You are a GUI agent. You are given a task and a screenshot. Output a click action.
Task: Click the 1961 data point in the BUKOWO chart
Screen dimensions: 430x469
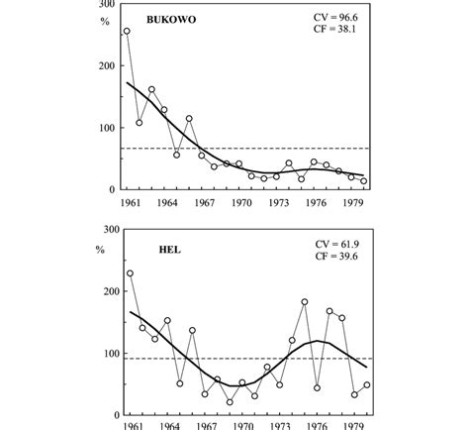point(127,32)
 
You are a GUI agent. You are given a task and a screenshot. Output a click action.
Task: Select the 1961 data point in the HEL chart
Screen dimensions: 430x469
point(129,273)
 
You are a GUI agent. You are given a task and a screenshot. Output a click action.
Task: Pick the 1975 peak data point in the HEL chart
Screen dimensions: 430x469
point(304,302)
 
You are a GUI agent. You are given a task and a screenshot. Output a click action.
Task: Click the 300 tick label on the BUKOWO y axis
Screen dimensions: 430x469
point(100,5)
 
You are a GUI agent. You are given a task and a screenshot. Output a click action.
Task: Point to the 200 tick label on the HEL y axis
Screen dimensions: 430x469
point(100,292)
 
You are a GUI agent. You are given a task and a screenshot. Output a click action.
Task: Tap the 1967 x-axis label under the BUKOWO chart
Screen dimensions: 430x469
point(204,202)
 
